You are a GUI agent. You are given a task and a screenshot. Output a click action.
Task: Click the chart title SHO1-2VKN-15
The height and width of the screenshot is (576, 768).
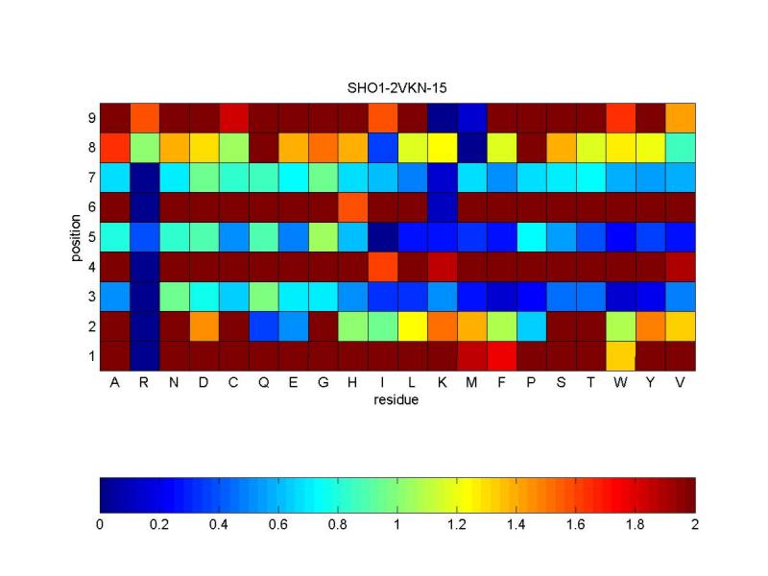pos(397,87)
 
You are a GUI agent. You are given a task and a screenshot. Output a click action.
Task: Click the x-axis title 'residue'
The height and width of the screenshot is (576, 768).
pos(397,400)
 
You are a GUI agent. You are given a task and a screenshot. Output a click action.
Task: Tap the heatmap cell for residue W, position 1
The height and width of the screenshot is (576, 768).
pos(620,355)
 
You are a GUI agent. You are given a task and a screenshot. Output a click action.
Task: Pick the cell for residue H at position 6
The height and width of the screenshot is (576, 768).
pos(352,206)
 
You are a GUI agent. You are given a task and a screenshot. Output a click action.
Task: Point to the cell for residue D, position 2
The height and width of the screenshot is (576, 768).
pos(204,325)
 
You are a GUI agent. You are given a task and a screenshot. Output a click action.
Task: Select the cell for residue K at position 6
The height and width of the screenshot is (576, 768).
pos(442,206)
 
